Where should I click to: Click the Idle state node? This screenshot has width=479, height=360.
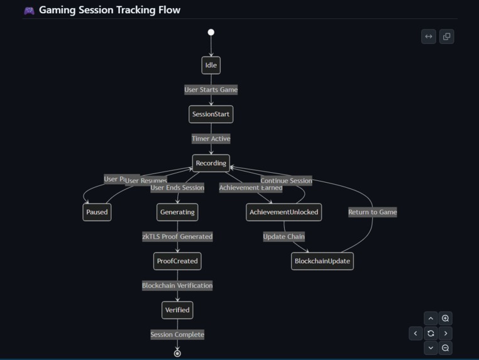click(x=211, y=65)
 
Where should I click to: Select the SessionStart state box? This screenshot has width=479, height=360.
click(x=211, y=114)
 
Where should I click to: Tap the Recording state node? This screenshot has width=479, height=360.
click(x=211, y=163)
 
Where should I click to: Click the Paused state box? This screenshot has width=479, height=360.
click(x=97, y=212)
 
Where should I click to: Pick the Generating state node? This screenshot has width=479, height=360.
click(x=177, y=212)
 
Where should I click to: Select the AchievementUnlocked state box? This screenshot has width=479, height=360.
click(x=284, y=212)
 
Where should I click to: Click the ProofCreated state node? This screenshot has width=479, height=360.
click(x=177, y=261)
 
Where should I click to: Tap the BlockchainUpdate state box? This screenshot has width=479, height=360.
click(x=322, y=261)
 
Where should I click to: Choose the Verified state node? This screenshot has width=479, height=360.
click(x=177, y=310)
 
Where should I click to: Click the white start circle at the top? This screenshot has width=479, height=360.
click(x=211, y=32)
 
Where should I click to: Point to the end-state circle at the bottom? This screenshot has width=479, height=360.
click(x=177, y=354)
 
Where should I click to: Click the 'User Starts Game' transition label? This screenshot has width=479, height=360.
click(x=211, y=90)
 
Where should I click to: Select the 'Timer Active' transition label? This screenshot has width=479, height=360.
click(x=211, y=139)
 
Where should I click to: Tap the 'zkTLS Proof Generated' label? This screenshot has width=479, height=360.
click(x=177, y=237)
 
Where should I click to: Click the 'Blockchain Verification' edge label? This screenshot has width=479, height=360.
click(x=177, y=286)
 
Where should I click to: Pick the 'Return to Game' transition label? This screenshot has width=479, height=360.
click(x=372, y=212)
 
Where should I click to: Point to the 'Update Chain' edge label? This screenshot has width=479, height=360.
click(x=284, y=237)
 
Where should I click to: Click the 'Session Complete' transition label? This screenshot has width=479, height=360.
click(x=177, y=335)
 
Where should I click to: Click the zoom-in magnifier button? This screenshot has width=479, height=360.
click(x=445, y=319)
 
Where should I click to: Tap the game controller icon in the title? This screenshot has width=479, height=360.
click(x=29, y=10)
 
